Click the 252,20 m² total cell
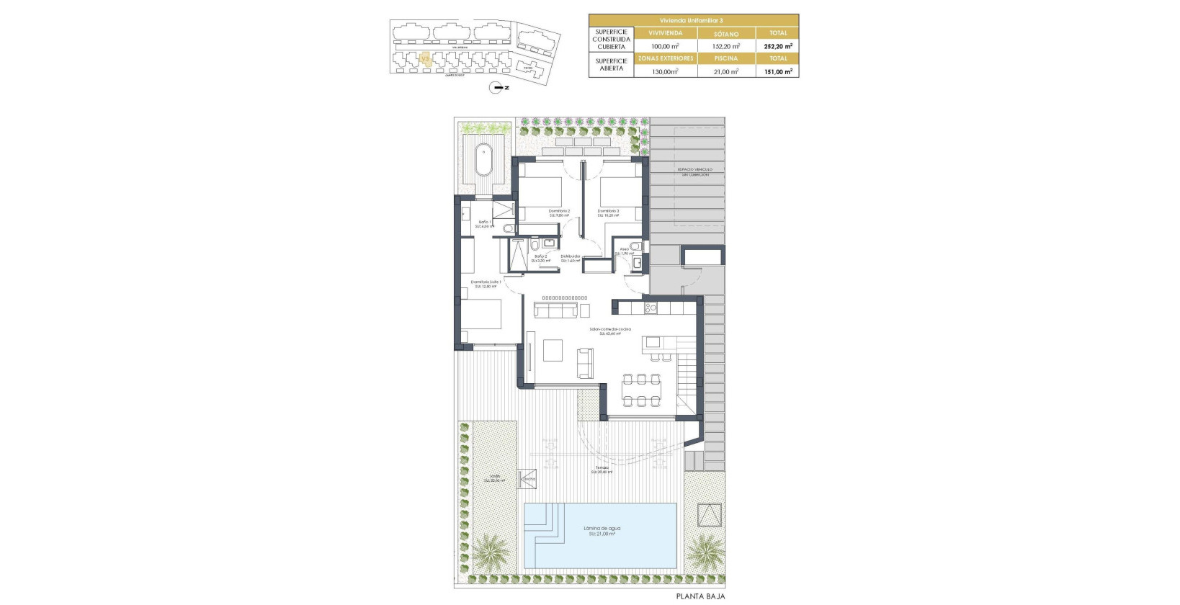point(777,46)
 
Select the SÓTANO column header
point(726,33)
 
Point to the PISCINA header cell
point(726,58)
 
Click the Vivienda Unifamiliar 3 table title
point(693,20)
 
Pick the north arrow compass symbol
point(496,88)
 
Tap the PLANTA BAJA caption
point(700,596)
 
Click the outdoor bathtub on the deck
point(483,161)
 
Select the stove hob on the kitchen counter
point(651,308)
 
